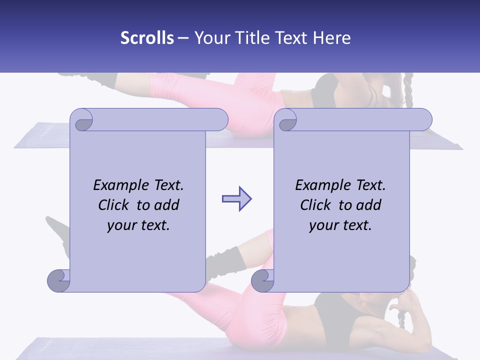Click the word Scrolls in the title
[147, 38]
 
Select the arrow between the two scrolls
[236, 199]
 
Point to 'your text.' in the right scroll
[340, 225]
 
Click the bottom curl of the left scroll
[58, 280]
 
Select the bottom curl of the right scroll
[262, 280]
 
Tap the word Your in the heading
[210, 38]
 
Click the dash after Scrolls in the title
[183, 38]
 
